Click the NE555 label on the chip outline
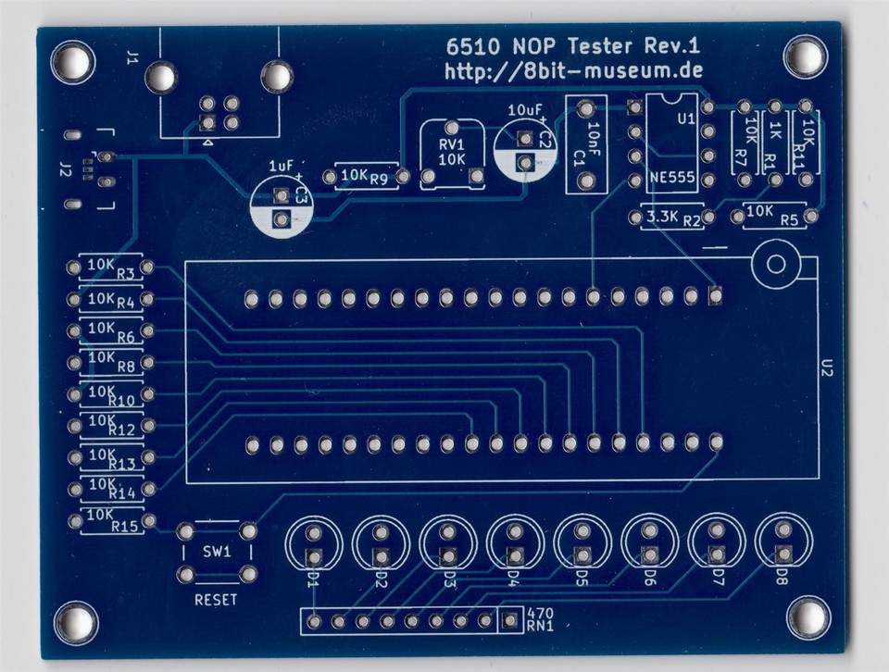pyautogui.click(x=672, y=178)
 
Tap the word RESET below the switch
pyautogui.click(x=216, y=600)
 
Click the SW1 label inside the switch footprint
pyautogui.click(x=217, y=552)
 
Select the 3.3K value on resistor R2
pyautogui.click(x=662, y=217)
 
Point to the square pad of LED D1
pyautogui.click(x=312, y=556)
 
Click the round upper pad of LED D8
pyautogui.click(x=783, y=529)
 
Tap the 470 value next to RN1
pyautogui.click(x=541, y=613)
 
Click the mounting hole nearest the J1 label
pyautogui.click(x=73, y=59)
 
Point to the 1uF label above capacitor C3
pyautogui.click(x=282, y=166)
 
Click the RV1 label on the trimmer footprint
pyautogui.click(x=452, y=144)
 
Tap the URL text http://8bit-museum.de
pyautogui.click(x=574, y=71)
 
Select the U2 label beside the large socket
pyautogui.click(x=828, y=368)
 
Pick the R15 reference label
pyautogui.click(x=125, y=527)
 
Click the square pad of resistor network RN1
pyautogui.click(x=509, y=621)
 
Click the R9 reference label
pyautogui.click(x=379, y=180)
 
